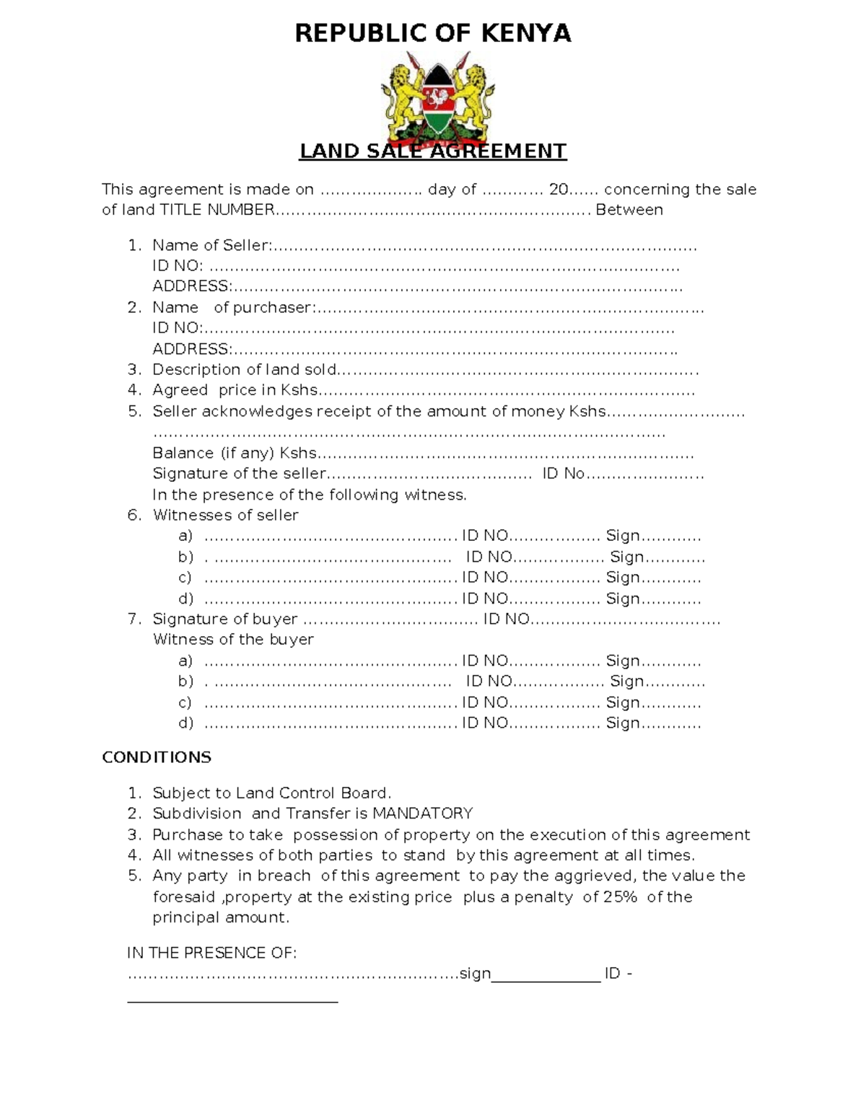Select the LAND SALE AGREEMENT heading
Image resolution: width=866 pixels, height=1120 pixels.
click(x=433, y=151)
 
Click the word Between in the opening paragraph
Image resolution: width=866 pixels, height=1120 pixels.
click(x=629, y=210)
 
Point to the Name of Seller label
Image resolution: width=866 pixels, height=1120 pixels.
click(x=211, y=245)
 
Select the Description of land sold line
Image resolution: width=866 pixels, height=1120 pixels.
click(x=245, y=370)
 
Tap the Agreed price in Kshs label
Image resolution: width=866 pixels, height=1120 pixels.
click(x=235, y=390)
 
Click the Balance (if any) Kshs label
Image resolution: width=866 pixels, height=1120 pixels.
click(x=235, y=453)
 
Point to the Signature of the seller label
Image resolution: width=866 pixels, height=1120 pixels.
click(x=239, y=474)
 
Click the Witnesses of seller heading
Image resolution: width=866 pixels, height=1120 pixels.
click(x=225, y=515)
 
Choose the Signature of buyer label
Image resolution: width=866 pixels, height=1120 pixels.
click(x=224, y=619)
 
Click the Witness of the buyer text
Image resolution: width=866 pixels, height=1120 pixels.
click(x=233, y=640)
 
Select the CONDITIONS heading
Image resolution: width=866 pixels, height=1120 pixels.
click(x=157, y=757)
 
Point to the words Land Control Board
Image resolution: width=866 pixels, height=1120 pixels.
click(x=312, y=793)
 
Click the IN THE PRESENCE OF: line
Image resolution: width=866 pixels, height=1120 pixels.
click(x=211, y=953)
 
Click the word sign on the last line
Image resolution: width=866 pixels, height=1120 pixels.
click(x=475, y=974)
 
